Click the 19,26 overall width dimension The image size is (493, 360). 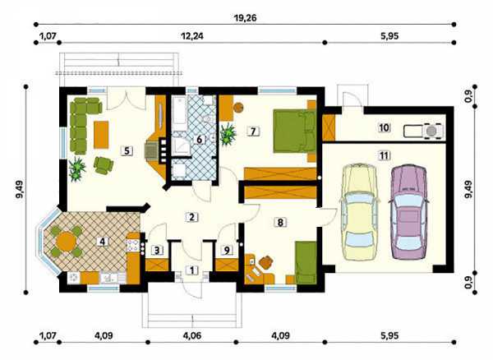tap(245, 18)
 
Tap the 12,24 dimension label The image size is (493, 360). tap(192, 36)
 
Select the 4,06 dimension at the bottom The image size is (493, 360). tap(191, 336)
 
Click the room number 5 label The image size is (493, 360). tap(127, 151)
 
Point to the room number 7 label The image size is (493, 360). tap(253, 131)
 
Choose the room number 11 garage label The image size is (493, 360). tap(385, 155)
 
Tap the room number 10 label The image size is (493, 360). tap(385, 128)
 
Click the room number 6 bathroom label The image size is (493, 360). tap(199, 139)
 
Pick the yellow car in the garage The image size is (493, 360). tap(359, 212)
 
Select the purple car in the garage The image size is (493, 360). tap(408, 211)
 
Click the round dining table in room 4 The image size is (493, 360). tap(66, 242)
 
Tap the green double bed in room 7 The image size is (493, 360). tap(294, 131)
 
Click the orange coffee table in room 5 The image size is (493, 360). tap(101, 135)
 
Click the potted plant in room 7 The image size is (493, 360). tap(228, 134)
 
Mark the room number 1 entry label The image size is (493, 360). tap(192, 270)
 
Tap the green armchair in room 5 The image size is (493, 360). tap(104, 165)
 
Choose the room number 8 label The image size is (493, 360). tap(280, 223)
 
